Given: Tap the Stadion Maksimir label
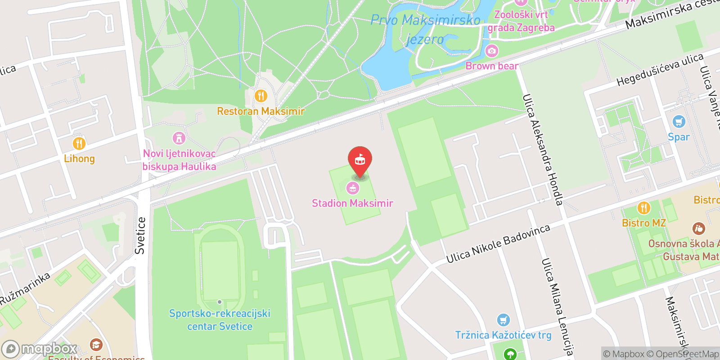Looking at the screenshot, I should (x=352, y=203).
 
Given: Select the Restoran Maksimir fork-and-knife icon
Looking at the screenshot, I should (x=261, y=96).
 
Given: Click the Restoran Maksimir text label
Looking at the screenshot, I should (x=261, y=111).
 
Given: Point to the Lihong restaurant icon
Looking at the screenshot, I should (x=79, y=144).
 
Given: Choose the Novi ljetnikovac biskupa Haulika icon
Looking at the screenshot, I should (x=179, y=138).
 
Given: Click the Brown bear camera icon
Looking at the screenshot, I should (x=492, y=50).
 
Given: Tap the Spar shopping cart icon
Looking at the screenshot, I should (x=679, y=121).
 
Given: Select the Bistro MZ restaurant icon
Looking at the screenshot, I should (x=644, y=208).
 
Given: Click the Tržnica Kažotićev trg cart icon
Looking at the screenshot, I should (x=503, y=320).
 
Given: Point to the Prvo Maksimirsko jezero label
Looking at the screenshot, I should (x=425, y=29).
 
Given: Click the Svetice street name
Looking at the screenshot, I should (x=140, y=235).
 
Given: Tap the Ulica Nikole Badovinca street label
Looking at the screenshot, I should (x=498, y=243).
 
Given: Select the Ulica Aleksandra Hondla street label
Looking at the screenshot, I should (x=543, y=150).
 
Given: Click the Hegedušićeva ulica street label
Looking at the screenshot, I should (x=660, y=70).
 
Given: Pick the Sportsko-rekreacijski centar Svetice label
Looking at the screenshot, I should (x=220, y=320).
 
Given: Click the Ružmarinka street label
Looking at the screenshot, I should (x=25, y=288).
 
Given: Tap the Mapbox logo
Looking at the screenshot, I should (x=40, y=349).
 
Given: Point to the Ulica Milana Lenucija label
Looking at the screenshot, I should (x=557, y=307).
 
